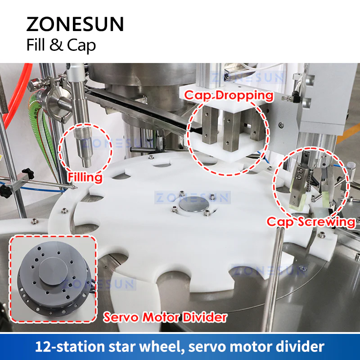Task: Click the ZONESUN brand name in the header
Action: (75, 24)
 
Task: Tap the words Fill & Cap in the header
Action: (61, 45)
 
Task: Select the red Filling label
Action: (85, 177)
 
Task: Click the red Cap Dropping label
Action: (229, 95)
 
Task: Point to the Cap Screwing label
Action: (311, 222)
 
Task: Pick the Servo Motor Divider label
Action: (165, 317)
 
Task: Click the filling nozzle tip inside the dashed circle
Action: (86, 163)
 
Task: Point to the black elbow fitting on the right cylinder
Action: (296, 95)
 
